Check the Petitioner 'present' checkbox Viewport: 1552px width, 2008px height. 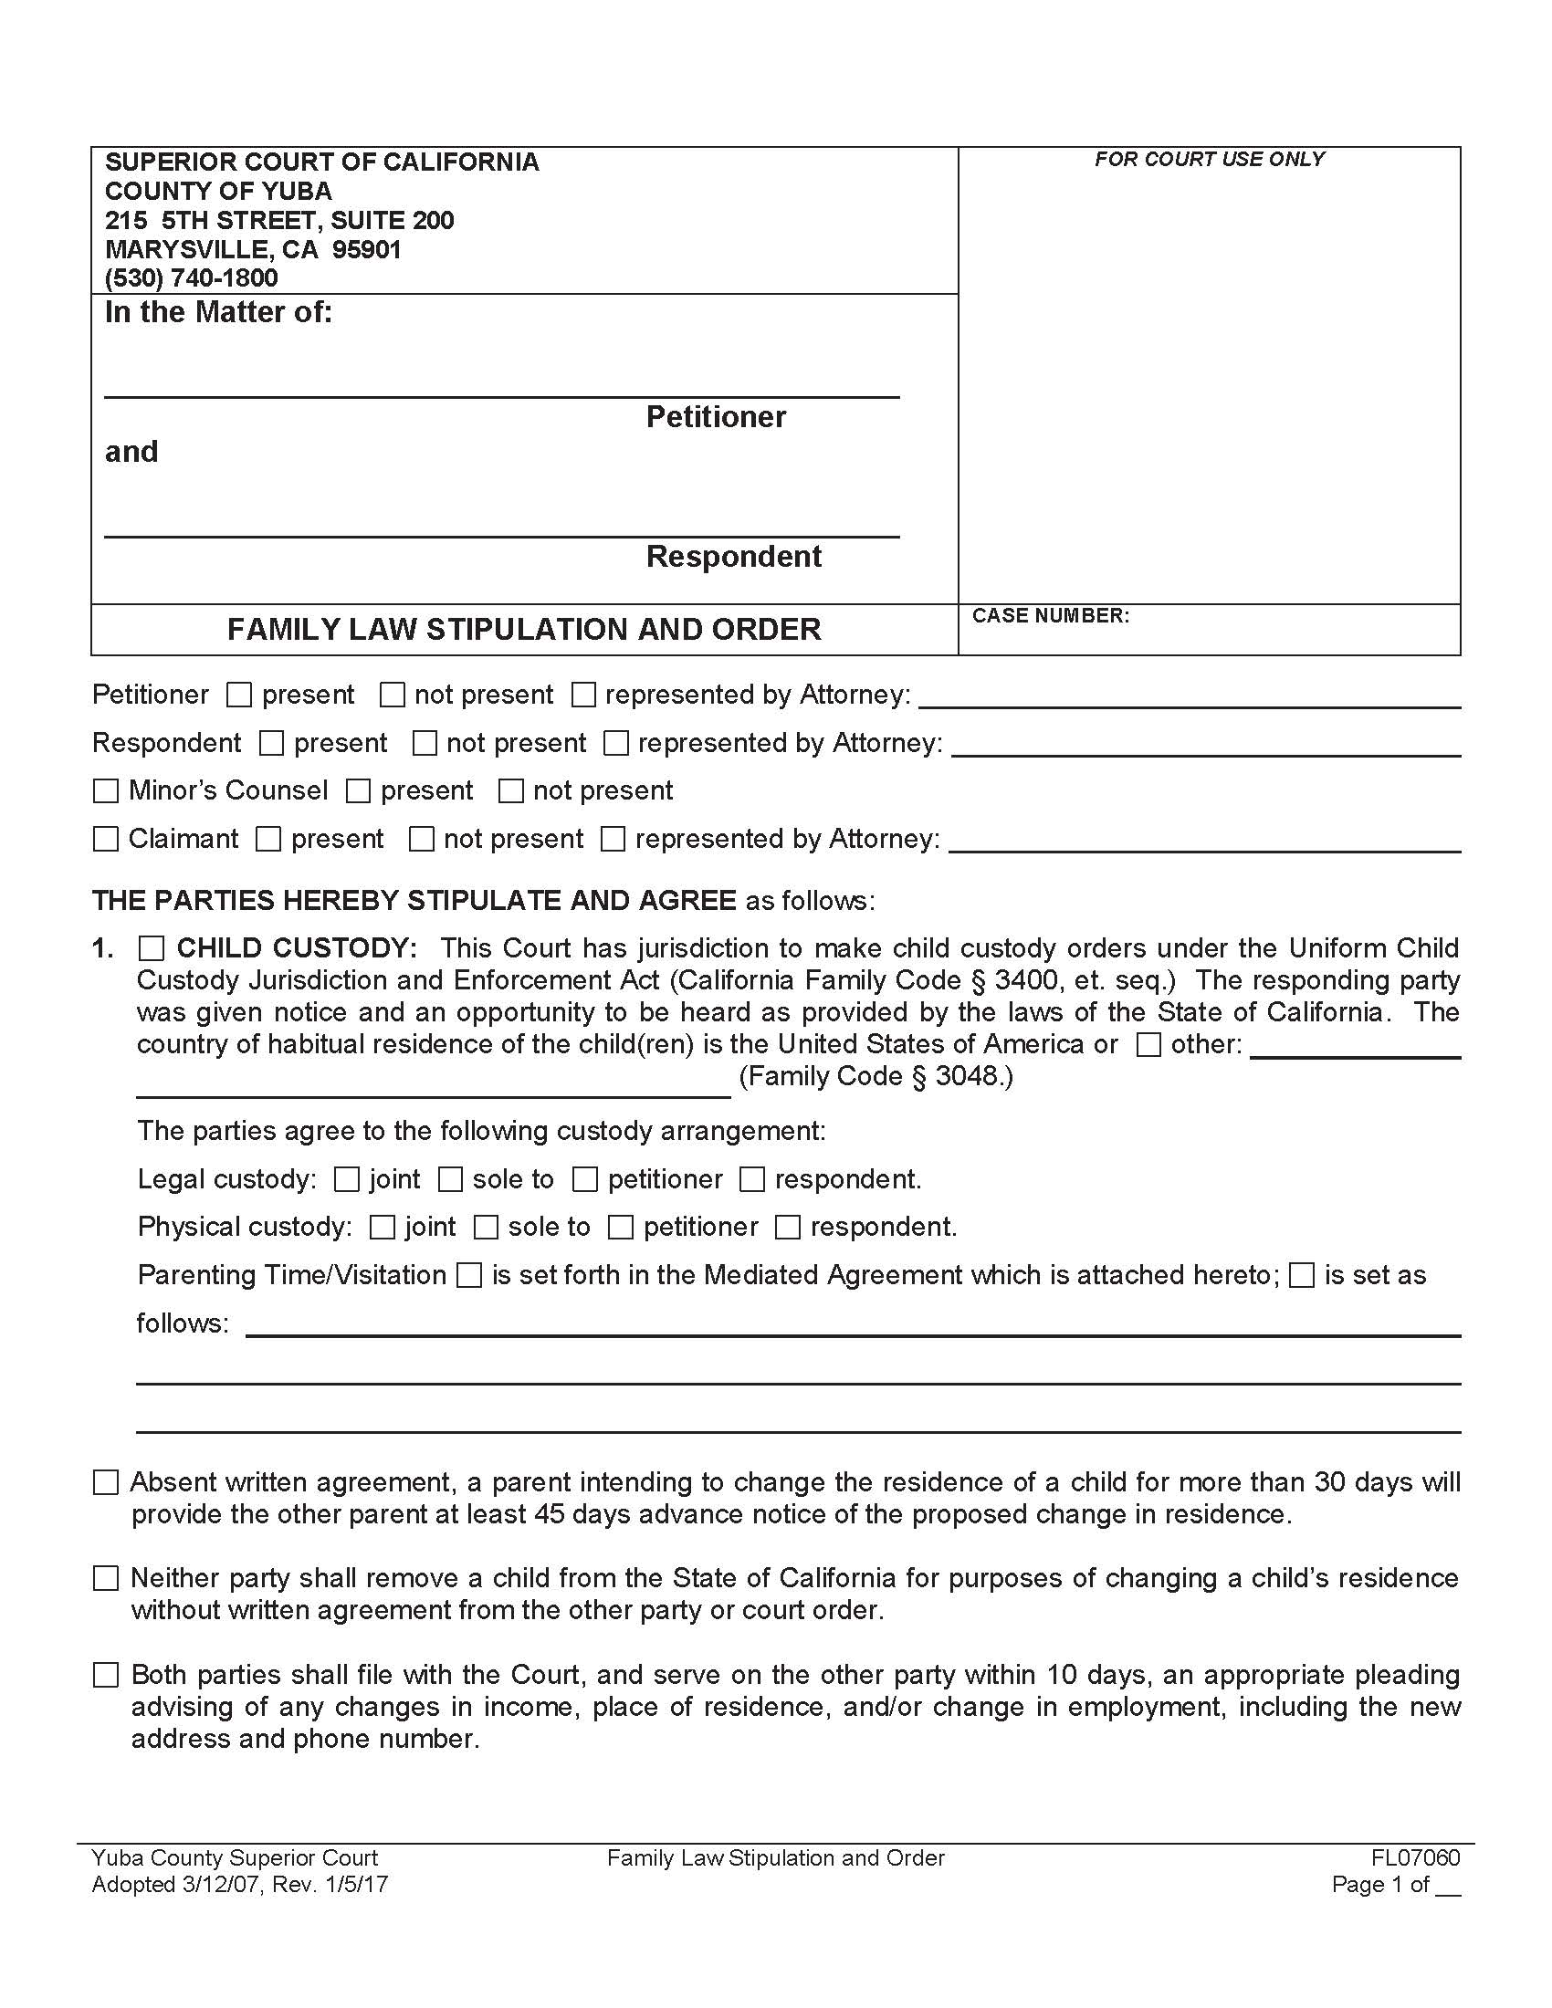click(239, 695)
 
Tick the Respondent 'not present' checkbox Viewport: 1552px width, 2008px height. click(425, 743)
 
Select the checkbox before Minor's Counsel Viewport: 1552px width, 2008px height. click(107, 790)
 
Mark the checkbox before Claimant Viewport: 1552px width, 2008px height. click(107, 839)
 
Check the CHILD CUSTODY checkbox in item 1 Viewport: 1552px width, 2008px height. click(151, 948)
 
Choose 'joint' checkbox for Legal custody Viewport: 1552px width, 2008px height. click(347, 1179)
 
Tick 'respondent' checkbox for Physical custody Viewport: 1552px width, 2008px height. click(788, 1228)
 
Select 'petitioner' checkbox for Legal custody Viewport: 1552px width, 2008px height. click(585, 1179)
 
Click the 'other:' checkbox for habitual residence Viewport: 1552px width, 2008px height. click(1148, 1044)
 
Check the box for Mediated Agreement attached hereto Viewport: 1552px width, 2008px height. click(469, 1275)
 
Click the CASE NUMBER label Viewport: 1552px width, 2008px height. click(1050, 616)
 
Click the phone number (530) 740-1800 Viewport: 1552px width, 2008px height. click(191, 277)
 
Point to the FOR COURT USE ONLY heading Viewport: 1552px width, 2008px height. click(1208, 160)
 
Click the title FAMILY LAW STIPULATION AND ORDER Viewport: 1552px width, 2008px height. click(524, 630)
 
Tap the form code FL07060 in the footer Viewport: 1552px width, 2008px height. click(1415, 1858)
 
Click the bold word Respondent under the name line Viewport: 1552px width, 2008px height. click(733, 557)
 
